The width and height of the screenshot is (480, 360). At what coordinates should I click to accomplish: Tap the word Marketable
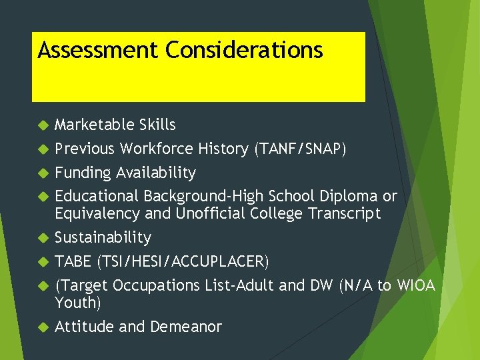click(95, 125)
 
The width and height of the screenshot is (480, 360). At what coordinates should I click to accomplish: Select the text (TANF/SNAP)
click(299, 149)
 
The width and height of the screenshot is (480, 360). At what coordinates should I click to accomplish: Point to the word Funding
click(83, 173)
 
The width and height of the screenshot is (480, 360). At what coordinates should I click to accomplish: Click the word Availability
click(156, 173)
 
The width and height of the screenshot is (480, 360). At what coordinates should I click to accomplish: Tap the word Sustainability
click(103, 237)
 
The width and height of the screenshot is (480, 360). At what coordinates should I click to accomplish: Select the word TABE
click(73, 261)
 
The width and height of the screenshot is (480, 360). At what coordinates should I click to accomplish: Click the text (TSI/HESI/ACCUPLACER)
click(183, 261)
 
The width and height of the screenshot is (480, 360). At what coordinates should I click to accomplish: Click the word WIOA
click(416, 285)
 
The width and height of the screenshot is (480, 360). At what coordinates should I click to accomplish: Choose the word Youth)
click(78, 303)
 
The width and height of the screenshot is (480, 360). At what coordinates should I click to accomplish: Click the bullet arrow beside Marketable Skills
click(43, 125)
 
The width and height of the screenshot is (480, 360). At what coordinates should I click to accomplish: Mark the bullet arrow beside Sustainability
click(43, 238)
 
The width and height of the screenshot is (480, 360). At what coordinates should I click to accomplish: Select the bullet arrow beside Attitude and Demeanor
click(43, 327)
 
